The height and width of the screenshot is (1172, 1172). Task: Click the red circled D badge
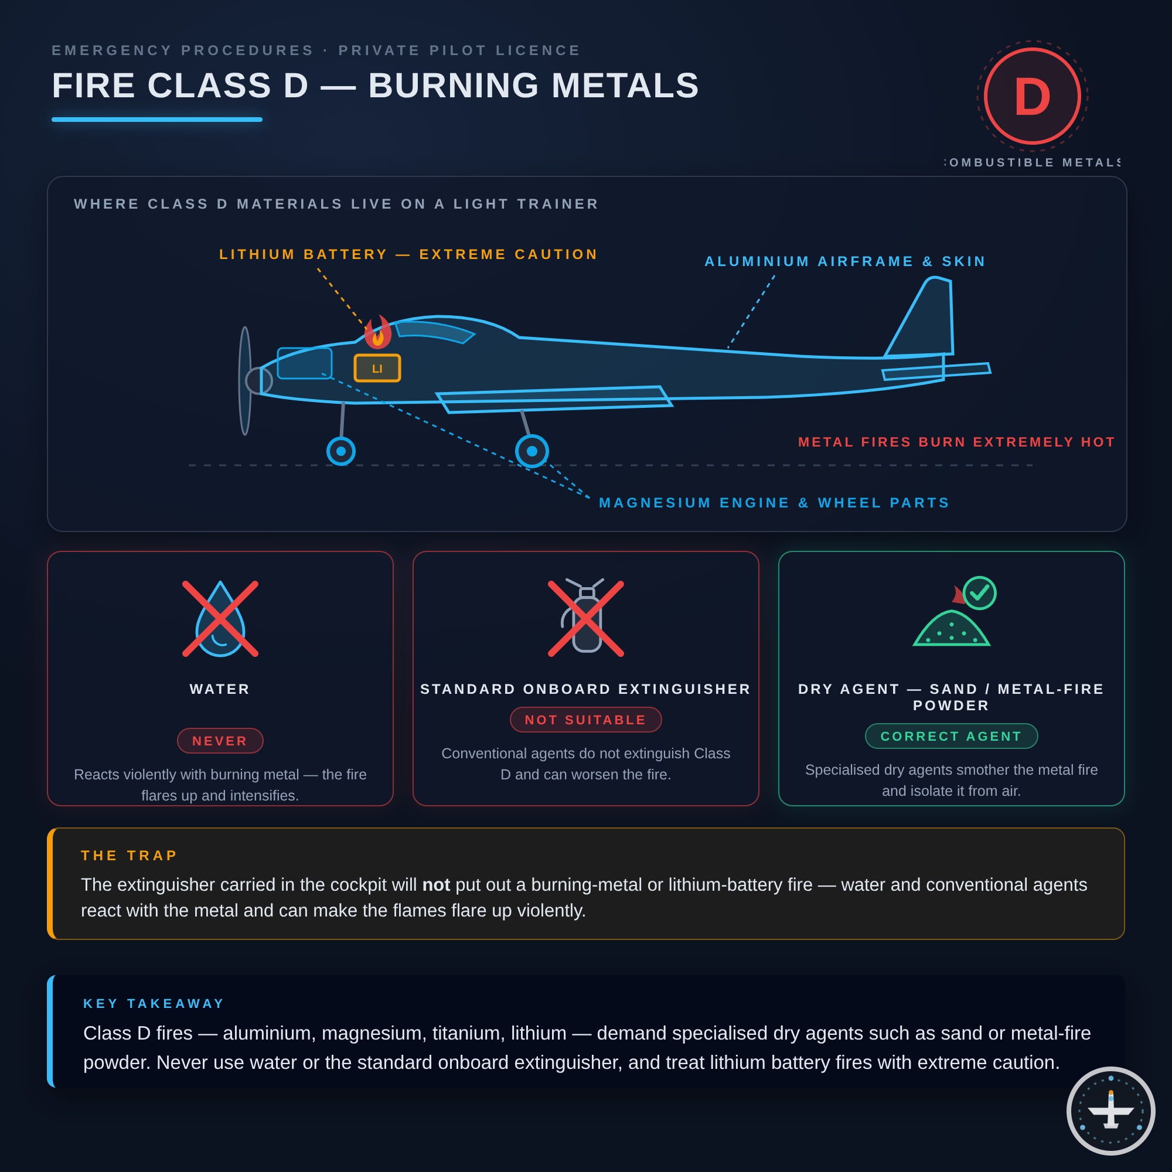tap(1032, 96)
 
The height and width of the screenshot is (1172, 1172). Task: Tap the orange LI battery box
tap(377, 368)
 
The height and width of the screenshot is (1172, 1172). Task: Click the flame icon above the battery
tap(378, 332)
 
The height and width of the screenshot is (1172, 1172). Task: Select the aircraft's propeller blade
tap(245, 381)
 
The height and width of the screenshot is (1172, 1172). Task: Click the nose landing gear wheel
tap(341, 451)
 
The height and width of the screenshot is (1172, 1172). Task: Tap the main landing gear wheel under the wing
tap(532, 451)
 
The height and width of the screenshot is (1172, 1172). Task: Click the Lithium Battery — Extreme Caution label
tap(408, 254)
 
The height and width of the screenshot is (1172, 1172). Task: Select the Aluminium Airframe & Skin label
tap(845, 261)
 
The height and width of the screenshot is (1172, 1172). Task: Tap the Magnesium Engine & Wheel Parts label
tap(774, 503)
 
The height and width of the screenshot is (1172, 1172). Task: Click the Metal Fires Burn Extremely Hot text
tap(957, 442)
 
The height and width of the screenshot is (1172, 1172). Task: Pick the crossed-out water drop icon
tap(220, 619)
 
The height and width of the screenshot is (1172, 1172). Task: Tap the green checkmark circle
tap(980, 592)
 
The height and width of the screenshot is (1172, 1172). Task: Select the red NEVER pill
tap(220, 741)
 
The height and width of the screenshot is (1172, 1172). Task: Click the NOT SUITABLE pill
tap(586, 720)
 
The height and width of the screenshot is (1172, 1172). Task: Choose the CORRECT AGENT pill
tap(951, 737)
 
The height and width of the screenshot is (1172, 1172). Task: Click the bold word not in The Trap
tap(436, 885)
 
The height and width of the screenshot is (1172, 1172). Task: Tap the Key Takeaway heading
tap(154, 1003)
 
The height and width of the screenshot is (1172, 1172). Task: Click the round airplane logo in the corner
tap(1110, 1110)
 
